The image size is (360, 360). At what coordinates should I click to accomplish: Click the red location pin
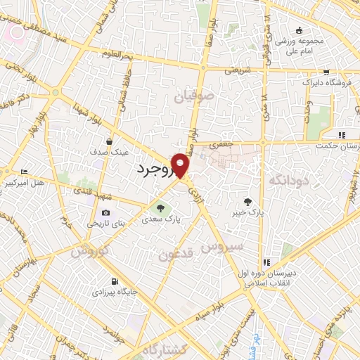click(181, 166)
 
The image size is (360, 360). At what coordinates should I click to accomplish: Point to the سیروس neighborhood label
click(221, 247)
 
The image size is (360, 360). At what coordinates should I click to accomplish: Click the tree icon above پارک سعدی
click(161, 208)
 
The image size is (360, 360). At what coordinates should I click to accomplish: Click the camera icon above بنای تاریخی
click(105, 212)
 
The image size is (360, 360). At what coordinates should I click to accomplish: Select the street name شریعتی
click(238, 70)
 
